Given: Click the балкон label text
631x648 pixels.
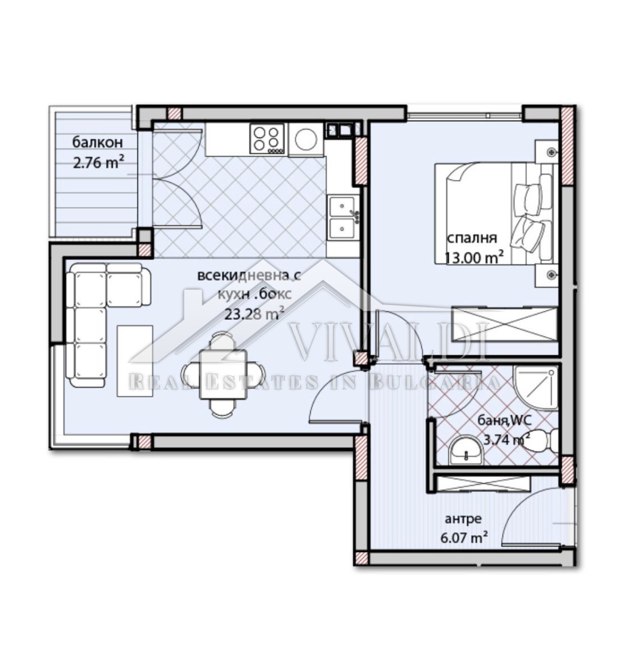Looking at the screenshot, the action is coord(98,142).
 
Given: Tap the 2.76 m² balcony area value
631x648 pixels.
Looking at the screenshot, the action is coord(98,163).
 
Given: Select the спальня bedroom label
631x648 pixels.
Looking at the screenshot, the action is coord(472,239).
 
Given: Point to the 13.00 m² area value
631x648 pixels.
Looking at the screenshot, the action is coord(474,258).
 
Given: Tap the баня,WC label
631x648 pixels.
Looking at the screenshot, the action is coord(504,421).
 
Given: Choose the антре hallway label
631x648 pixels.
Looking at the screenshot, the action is coord(463,518).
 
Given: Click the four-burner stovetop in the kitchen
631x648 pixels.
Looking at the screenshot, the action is coord(267,139).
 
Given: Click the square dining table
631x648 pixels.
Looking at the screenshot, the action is coord(223,374).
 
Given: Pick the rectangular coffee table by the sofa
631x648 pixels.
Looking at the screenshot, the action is coord(135,361).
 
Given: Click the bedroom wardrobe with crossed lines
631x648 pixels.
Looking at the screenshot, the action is coord(505,323).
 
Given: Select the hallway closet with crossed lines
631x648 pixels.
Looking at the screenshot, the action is coord(482,484).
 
